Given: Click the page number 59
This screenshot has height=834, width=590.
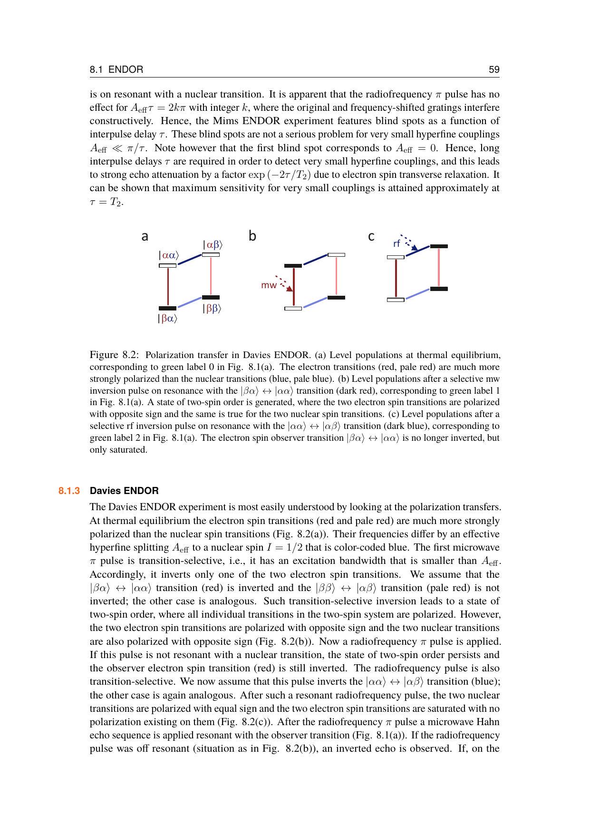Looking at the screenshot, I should (x=494, y=70).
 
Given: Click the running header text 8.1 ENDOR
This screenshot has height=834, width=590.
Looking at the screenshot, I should (x=116, y=70).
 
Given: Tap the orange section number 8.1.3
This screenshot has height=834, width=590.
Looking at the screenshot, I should (x=69, y=491).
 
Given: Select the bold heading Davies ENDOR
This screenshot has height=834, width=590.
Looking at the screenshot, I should (x=124, y=491).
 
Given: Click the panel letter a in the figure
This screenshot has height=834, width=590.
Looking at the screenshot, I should (x=145, y=236).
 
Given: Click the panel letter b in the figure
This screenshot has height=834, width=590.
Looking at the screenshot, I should (x=252, y=236).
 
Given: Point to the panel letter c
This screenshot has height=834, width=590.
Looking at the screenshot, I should (x=371, y=236).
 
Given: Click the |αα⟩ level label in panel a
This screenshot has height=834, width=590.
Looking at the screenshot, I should (x=168, y=255).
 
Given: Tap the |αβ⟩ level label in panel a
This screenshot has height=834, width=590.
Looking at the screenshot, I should (x=213, y=245).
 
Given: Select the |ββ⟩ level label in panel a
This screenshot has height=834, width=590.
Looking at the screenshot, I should (x=212, y=309).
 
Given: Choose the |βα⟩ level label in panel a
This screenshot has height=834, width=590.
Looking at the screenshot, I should (x=167, y=319).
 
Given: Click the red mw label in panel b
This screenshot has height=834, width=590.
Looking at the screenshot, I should (x=269, y=285).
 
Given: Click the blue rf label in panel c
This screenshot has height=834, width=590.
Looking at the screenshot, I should (x=397, y=244).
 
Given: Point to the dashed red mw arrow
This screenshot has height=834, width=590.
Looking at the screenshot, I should (x=284, y=282).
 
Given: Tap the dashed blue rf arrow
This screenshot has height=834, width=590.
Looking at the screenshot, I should (x=409, y=242).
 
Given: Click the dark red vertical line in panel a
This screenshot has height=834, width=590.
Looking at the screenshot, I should (x=168, y=287).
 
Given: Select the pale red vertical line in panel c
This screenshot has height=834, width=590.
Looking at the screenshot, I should (x=439, y=267).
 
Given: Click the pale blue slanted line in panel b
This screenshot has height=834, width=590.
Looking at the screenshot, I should (x=315, y=303).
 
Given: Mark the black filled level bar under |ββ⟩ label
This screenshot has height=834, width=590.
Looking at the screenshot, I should (x=211, y=298).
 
